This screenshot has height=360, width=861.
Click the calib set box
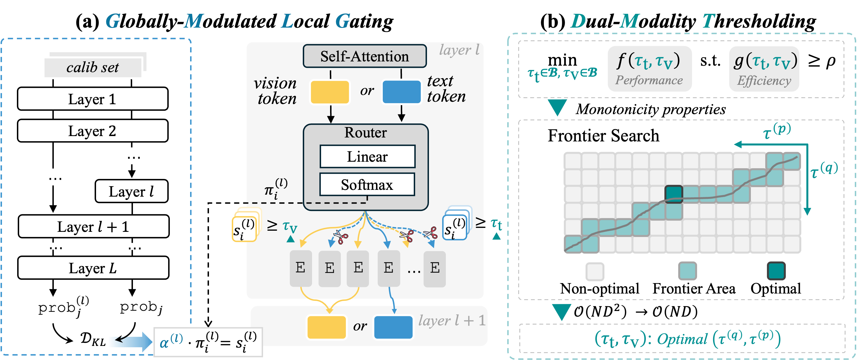click(x=93, y=68)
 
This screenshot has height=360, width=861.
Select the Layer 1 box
click(x=93, y=99)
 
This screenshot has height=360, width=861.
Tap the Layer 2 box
click(x=93, y=131)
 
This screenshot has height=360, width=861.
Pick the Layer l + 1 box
click(x=93, y=226)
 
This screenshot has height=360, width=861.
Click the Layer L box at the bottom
click(x=93, y=268)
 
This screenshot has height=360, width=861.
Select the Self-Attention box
click(x=364, y=56)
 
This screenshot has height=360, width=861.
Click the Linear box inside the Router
click(x=367, y=156)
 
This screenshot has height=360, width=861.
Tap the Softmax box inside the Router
click(x=367, y=185)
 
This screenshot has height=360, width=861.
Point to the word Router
click(x=365, y=132)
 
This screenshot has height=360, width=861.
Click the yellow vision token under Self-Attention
click(x=330, y=92)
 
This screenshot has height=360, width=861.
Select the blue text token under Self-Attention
click(x=401, y=92)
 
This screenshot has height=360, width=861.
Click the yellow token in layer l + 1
click(x=326, y=327)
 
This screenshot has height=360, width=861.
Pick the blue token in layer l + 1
click(x=393, y=327)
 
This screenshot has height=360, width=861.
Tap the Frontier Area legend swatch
click(x=687, y=271)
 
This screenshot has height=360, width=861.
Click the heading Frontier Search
click(x=603, y=136)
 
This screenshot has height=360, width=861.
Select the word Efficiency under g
click(x=764, y=81)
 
